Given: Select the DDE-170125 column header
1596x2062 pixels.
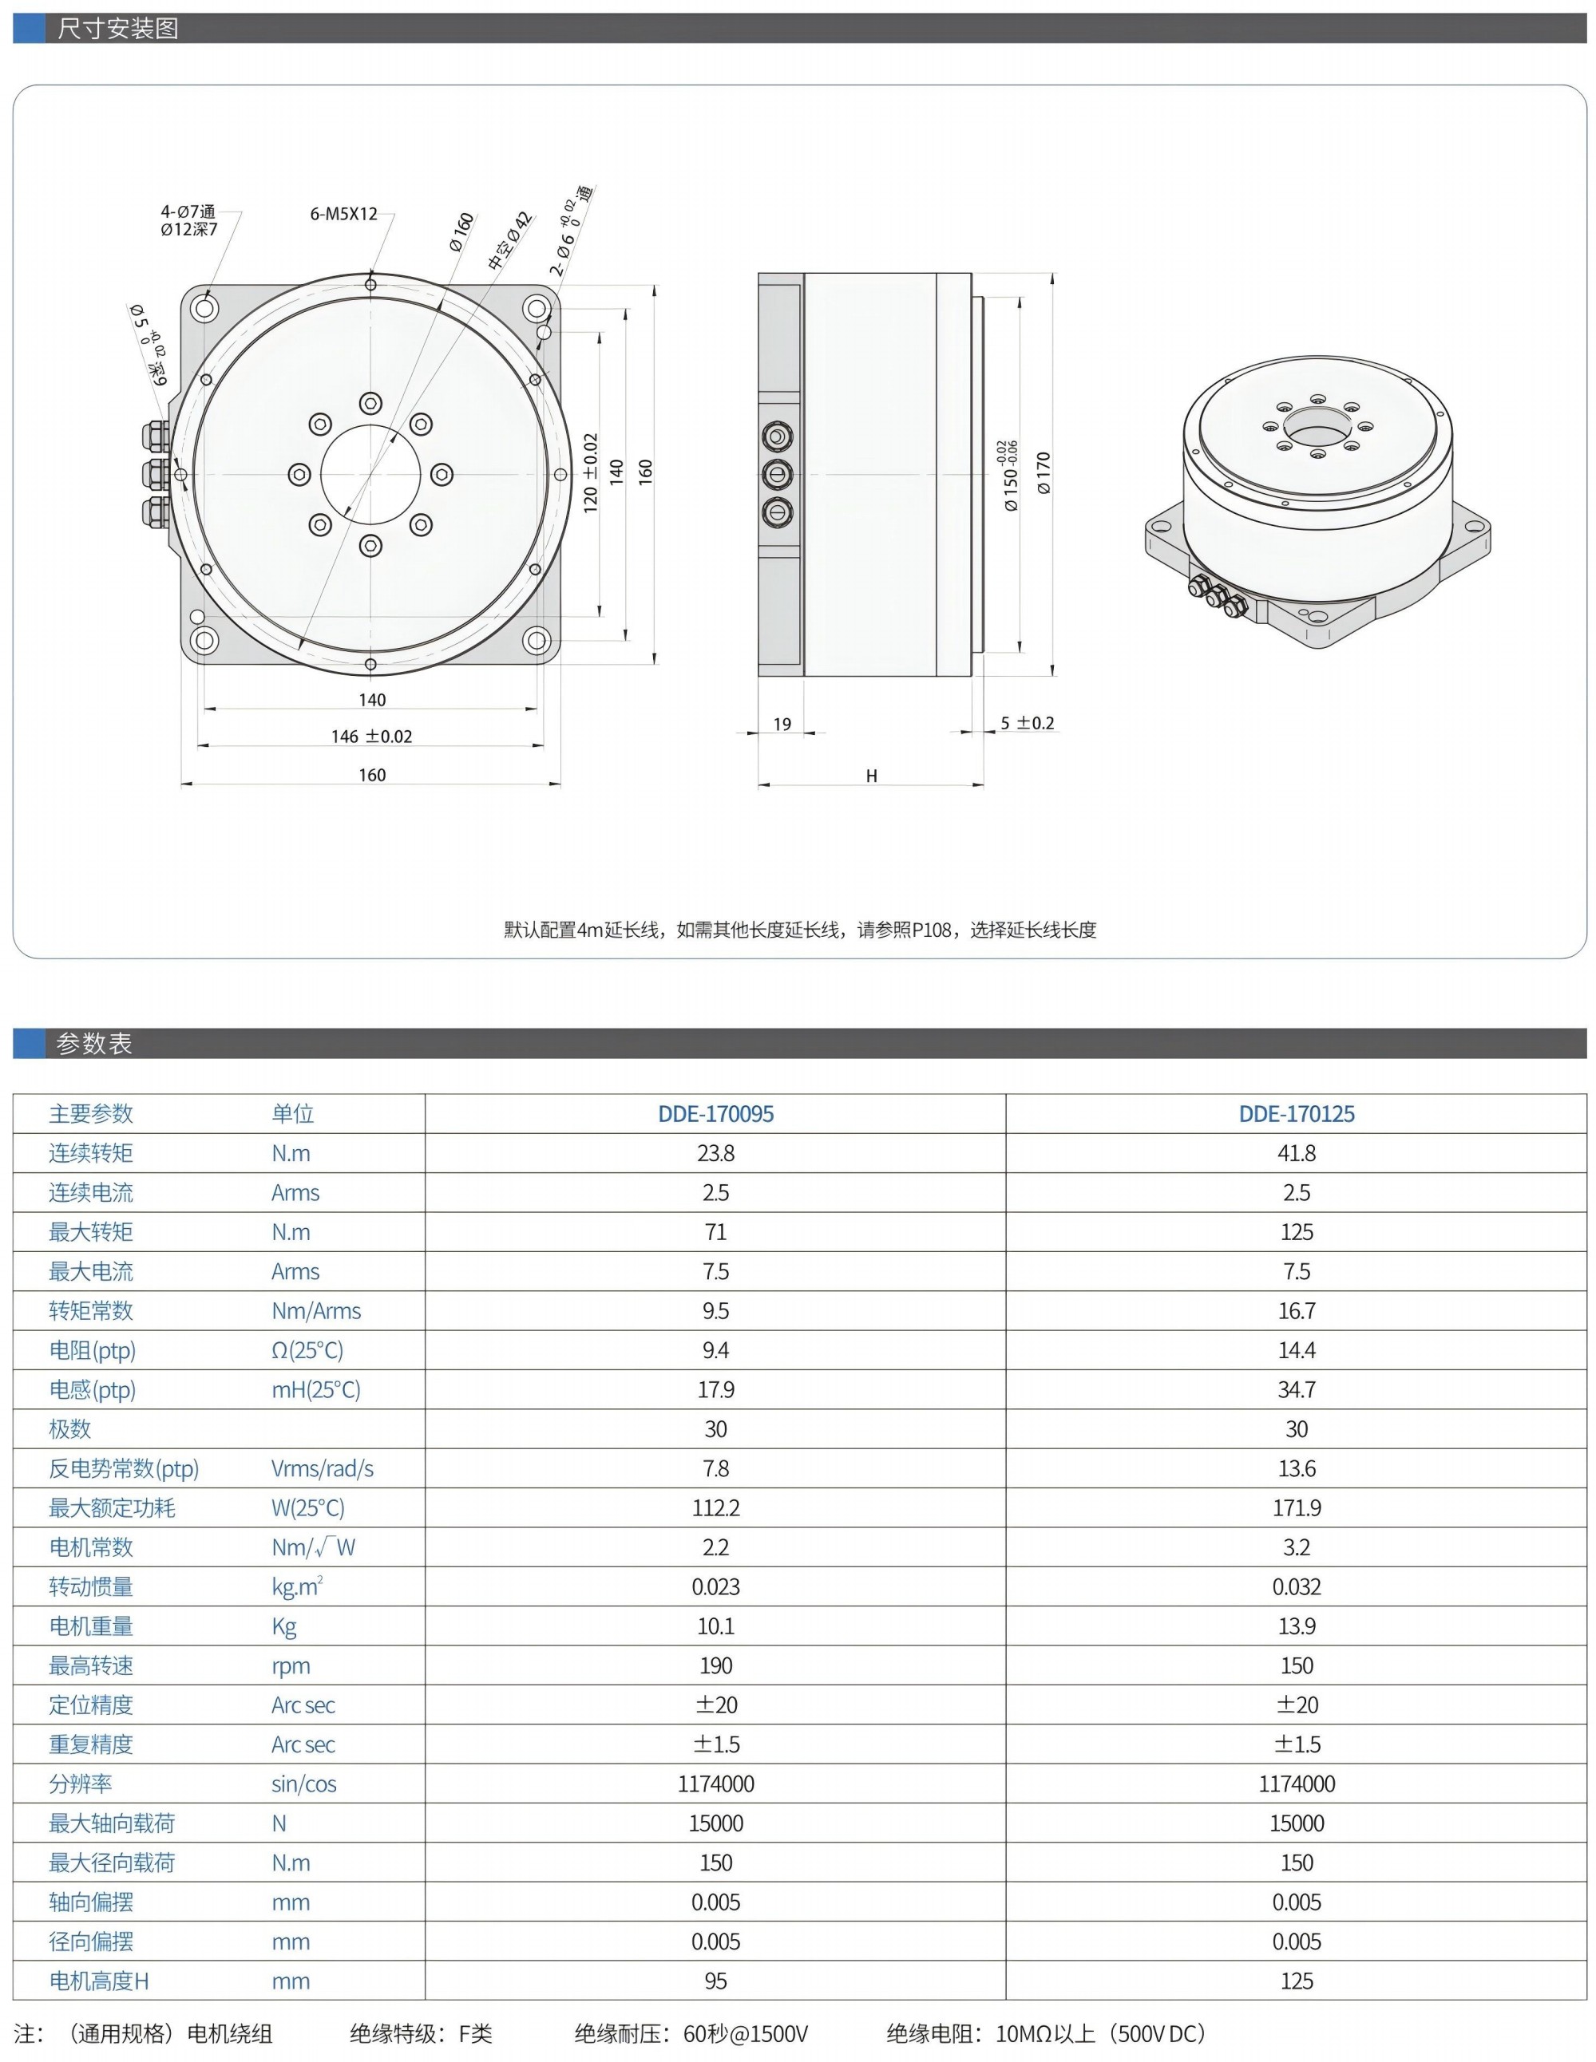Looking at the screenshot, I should tap(1296, 1113).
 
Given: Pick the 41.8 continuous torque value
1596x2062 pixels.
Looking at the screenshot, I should tap(1296, 1153).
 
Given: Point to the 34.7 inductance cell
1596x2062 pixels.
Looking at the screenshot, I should tap(1296, 1390).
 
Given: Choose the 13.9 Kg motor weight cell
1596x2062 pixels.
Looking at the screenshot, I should tap(1296, 1626).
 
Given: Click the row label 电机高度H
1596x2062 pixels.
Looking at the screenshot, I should tap(98, 1981).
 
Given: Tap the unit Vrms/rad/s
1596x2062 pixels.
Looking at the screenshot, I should tap(322, 1468).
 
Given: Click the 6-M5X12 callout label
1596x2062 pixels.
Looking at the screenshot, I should tap(344, 213).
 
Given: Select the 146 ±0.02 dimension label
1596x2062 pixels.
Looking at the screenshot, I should tap(371, 737).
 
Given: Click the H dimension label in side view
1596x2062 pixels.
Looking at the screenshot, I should tap(871, 775).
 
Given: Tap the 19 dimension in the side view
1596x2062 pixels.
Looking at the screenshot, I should tap(782, 724).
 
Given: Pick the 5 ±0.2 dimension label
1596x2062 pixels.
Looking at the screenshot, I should tap(1027, 723).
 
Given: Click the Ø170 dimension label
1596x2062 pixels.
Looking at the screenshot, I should tap(1043, 473).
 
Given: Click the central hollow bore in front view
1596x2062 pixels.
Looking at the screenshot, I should tap(370, 473).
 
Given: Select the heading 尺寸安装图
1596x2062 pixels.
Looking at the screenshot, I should tap(117, 28).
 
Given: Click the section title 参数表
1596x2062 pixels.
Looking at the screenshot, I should tap(93, 1043).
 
